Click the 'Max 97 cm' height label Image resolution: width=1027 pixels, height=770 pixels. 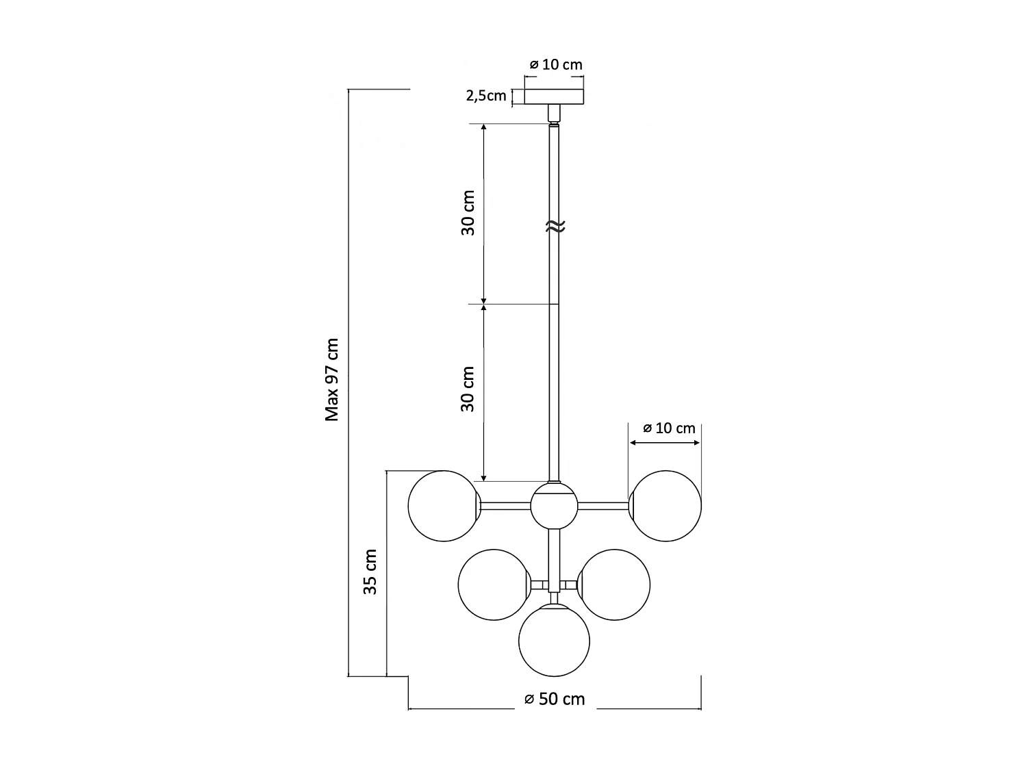click(332, 379)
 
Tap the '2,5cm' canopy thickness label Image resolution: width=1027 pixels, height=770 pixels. click(486, 96)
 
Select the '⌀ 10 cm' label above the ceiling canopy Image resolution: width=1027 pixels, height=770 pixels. click(556, 64)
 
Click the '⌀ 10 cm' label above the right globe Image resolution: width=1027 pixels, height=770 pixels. click(669, 428)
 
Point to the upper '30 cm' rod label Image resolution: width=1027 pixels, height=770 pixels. click(468, 213)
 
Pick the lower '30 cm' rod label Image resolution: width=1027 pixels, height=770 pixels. click(468, 389)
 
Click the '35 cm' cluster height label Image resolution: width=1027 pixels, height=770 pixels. click(370, 572)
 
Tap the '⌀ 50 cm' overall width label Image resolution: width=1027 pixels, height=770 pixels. click(555, 699)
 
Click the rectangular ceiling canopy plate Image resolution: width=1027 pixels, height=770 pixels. click(555, 97)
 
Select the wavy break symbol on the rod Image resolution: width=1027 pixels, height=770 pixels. click(555, 227)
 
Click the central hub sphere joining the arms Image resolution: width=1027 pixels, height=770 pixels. click(554, 506)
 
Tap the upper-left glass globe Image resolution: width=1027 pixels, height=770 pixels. click(443, 506)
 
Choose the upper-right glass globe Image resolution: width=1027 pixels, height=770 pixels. click(665, 506)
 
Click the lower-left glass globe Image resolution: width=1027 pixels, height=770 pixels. click(493, 585)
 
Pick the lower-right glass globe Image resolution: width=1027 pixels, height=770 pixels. click(614, 585)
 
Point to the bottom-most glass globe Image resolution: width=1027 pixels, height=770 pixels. click(554, 641)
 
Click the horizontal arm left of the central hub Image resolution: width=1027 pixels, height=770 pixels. click(505, 506)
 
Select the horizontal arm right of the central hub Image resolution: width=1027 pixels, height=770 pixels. click(603, 506)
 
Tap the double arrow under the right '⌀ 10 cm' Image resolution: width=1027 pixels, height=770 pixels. click(665, 443)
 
